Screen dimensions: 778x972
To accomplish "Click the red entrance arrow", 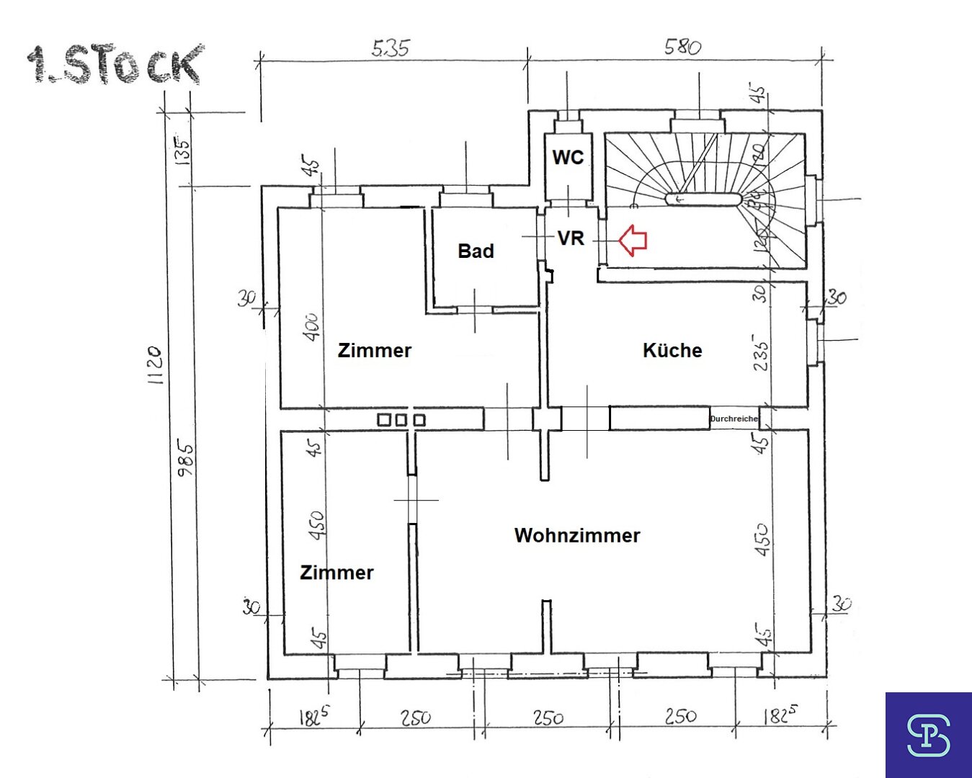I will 633,240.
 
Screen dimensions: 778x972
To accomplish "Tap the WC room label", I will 568,157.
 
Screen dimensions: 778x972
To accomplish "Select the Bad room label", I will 476,251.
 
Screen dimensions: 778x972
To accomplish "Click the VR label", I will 571,238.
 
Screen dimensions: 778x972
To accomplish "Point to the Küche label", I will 672,351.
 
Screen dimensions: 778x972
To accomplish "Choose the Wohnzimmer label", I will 577,535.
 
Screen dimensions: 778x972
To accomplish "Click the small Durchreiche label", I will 734,419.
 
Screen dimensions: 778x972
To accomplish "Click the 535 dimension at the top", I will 391,48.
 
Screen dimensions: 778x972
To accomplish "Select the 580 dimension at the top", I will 682,48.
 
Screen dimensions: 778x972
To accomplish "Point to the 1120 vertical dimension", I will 155,365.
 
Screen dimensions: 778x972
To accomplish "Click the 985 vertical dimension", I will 185,460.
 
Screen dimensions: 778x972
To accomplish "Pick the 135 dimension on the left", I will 183,151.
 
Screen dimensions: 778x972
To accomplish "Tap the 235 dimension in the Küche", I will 760,352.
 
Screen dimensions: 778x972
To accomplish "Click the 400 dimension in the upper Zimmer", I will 311,327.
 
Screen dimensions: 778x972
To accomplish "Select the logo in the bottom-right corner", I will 928,735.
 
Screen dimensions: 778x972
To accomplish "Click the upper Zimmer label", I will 375,351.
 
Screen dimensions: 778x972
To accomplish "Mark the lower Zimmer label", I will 336,573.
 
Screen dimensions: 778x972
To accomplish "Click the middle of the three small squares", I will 401,419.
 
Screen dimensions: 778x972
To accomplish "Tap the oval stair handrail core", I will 703,199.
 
